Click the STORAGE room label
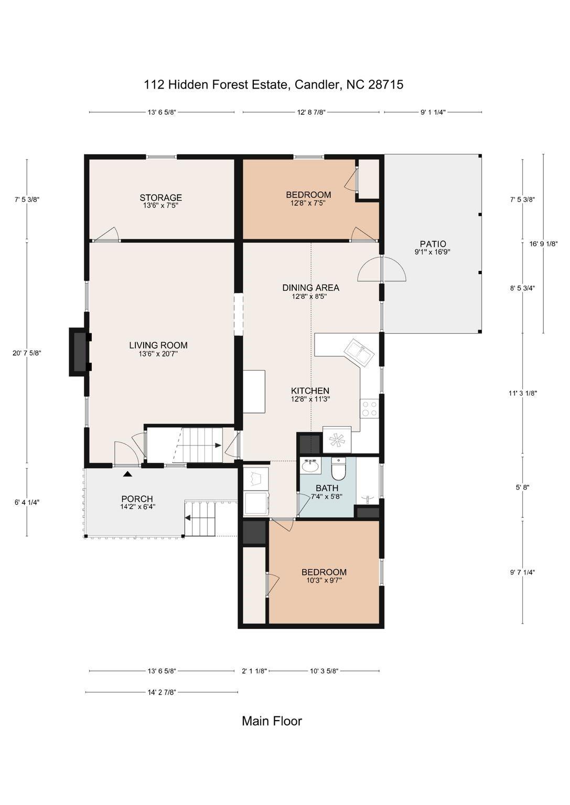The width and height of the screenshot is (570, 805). pyautogui.click(x=161, y=198)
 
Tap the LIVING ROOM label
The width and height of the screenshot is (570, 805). pyautogui.click(x=158, y=345)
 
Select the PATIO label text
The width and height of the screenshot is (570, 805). pyautogui.click(x=433, y=244)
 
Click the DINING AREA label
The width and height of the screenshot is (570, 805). pyautogui.click(x=310, y=288)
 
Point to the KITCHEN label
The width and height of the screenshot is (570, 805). pyautogui.click(x=310, y=390)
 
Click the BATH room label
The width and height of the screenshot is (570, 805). pyautogui.click(x=327, y=488)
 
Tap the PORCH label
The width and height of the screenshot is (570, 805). pyautogui.click(x=137, y=499)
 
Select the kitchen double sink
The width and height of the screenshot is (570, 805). pyautogui.click(x=359, y=353)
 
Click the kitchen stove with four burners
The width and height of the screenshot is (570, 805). pyautogui.click(x=369, y=409)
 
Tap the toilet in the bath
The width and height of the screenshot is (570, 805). pyautogui.click(x=338, y=469)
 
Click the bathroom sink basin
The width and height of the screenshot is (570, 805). pyautogui.click(x=310, y=466)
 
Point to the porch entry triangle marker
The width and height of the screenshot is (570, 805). pyautogui.click(x=127, y=474)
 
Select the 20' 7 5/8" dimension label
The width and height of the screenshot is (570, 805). pyautogui.click(x=27, y=353)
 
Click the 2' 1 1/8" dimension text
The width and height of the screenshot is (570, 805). pyautogui.click(x=254, y=671)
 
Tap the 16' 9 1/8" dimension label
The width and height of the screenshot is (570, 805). pyautogui.click(x=543, y=243)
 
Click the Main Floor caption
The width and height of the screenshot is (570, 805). pyautogui.click(x=272, y=721)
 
